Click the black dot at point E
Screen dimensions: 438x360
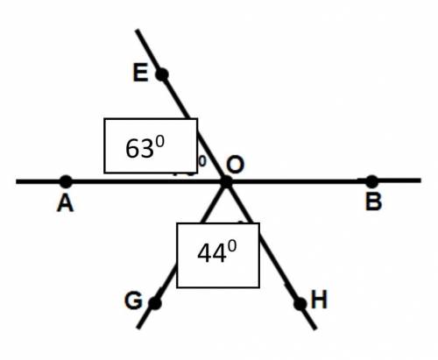[x=162, y=74]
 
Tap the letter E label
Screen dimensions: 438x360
[x=140, y=73]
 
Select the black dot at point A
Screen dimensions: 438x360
[x=66, y=181]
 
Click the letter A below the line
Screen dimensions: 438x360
[x=65, y=203]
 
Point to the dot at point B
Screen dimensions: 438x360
[x=371, y=181]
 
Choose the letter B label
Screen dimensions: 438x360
[x=374, y=202]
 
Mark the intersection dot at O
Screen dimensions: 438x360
[x=226, y=182]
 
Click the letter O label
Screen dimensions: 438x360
[x=236, y=165]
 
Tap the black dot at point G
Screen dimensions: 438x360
[x=155, y=303]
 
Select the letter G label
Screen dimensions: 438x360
[x=133, y=300]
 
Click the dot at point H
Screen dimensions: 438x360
[x=300, y=304]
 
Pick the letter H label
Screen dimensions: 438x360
[x=319, y=300]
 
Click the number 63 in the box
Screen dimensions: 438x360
[x=139, y=149]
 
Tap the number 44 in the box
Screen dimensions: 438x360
[x=212, y=253]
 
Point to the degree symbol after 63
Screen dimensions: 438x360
[x=159, y=142]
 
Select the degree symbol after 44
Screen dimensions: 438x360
[x=232, y=247]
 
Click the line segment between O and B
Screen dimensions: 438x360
[x=299, y=181]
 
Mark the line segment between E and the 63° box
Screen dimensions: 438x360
[x=176, y=96]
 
